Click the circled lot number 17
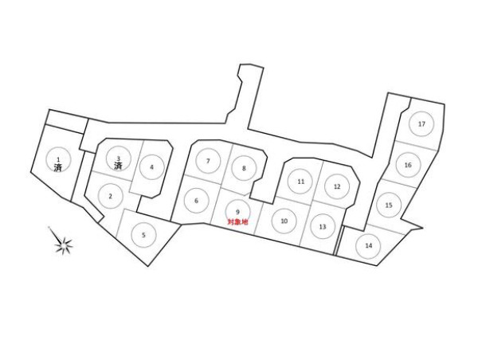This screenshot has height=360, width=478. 421,124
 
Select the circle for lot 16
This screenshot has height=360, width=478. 407,165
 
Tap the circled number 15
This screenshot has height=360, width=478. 388,205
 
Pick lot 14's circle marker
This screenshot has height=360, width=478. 368,245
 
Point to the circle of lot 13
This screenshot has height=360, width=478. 322,227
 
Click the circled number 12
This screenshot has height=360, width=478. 337,186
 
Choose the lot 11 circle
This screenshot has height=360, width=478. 301,182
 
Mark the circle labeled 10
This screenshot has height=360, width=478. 284,220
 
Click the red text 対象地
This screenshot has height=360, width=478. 237,222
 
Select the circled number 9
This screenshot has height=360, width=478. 237,211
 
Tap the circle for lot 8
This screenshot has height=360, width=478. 244,168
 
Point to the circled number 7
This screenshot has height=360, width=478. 208,161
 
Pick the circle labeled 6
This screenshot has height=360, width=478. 196,201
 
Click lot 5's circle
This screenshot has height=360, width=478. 143,234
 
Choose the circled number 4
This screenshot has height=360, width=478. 151,167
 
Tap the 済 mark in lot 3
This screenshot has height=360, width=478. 118,166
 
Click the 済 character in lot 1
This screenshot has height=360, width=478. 58,168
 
